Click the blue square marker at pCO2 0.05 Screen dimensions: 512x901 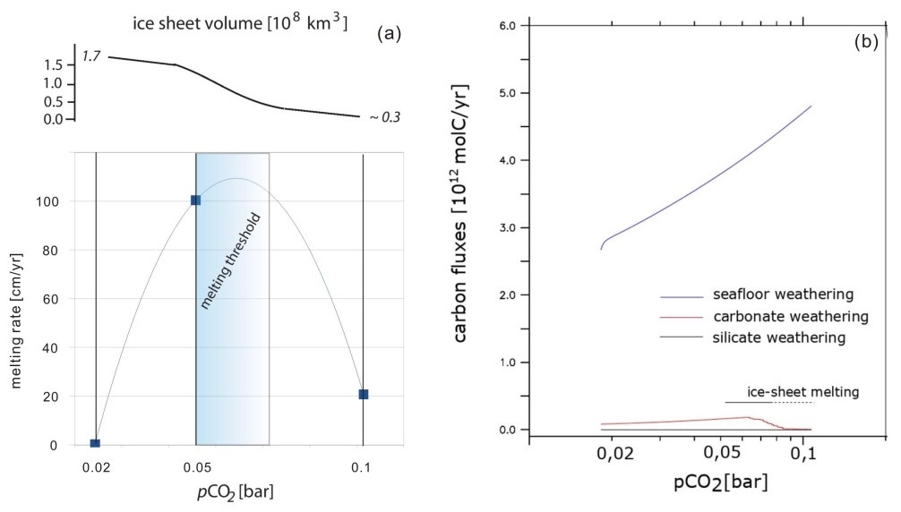195,200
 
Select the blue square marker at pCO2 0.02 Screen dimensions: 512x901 95,443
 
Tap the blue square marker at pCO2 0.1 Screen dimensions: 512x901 363,394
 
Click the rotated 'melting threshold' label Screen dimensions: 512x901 231,261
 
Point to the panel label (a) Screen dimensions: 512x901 389,34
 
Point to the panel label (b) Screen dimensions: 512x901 866,42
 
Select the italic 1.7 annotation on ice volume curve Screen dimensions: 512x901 91,56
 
